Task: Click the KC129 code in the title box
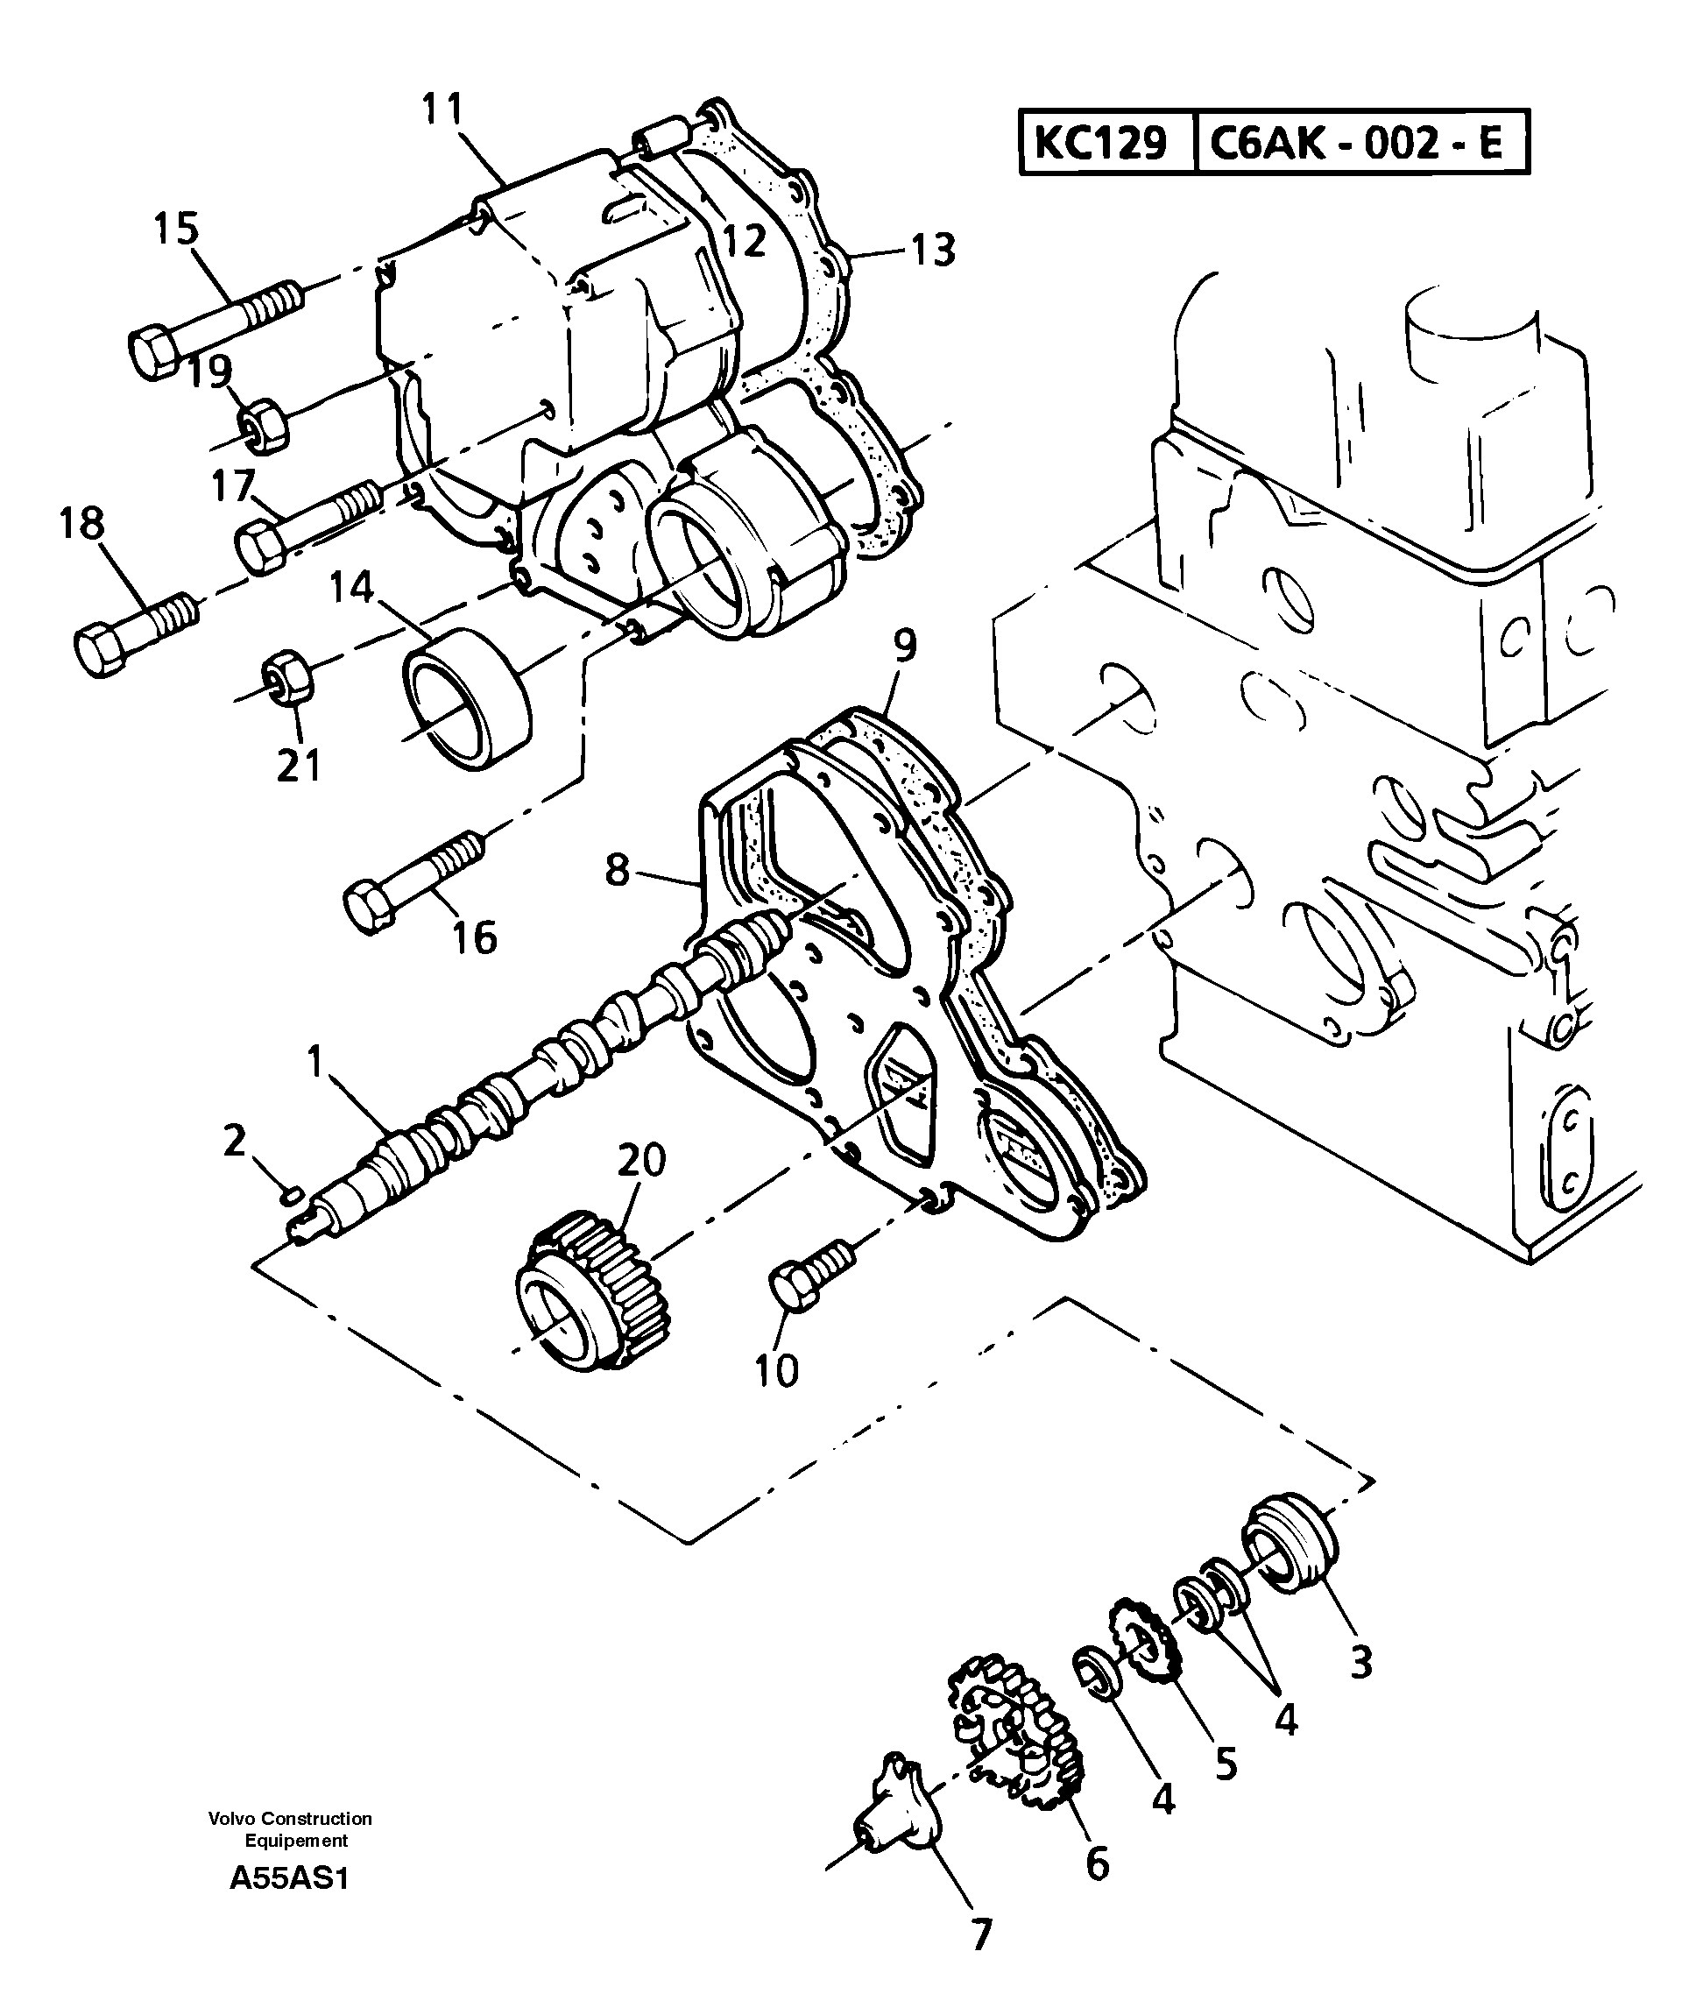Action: (1100, 144)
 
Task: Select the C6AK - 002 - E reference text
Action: (1355, 144)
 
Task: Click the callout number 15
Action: (177, 229)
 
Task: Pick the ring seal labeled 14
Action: (468, 697)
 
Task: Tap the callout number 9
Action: (904, 647)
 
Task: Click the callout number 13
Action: (933, 249)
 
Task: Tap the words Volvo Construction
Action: (290, 1819)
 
